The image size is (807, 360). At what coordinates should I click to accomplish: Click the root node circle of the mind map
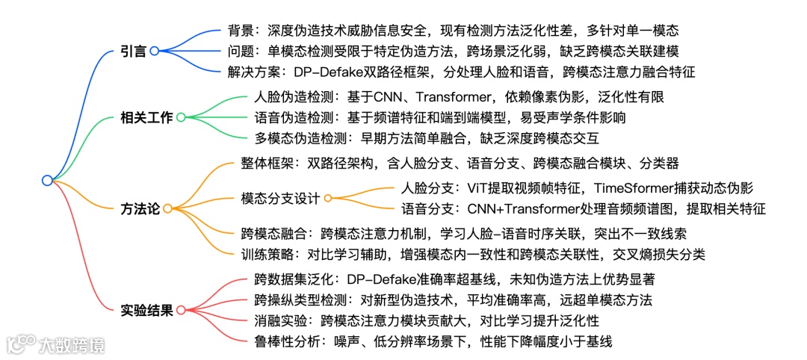[x=47, y=180]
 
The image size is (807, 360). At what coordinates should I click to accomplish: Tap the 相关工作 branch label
[x=146, y=117]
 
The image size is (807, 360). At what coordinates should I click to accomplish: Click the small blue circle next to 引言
[x=154, y=51]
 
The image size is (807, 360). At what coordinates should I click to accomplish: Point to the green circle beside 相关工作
[x=180, y=117]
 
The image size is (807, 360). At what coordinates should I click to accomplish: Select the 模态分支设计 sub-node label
[x=280, y=198]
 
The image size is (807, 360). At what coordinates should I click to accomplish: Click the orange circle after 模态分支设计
[x=327, y=198]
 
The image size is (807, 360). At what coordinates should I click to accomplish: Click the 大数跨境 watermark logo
[x=56, y=344]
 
